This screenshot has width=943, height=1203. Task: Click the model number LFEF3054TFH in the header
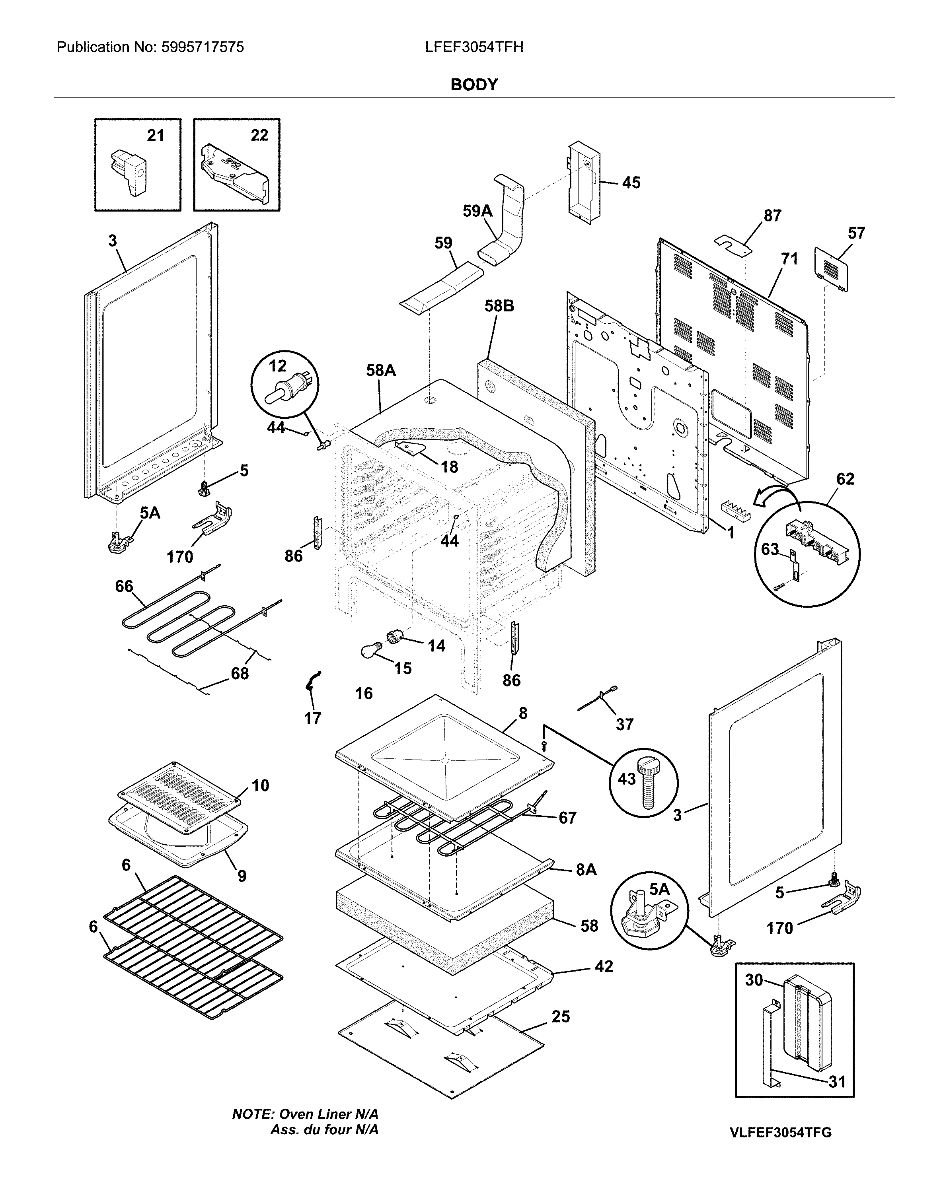tap(474, 47)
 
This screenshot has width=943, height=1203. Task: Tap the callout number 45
tap(631, 183)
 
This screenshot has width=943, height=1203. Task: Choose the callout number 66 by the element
tap(124, 586)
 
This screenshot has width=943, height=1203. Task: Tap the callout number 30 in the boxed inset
tap(754, 980)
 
